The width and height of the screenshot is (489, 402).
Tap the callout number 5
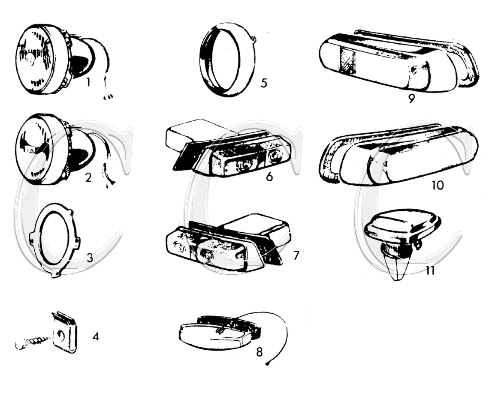[x=264, y=83]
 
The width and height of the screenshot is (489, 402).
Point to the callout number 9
[x=411, y=99]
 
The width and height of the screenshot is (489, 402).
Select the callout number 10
[x=438, y=185]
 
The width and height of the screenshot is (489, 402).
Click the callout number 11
[x=430, y=270]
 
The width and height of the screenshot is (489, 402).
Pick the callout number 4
[x=96, y=336]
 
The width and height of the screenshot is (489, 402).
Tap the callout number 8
[x=260, y=352]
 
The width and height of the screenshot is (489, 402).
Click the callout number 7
[x=296, y=255]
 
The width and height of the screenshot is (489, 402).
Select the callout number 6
[x=269, y=177]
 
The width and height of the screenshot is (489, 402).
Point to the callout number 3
[x=90, y=258]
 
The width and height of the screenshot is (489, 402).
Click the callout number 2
[x=88, y=177]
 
